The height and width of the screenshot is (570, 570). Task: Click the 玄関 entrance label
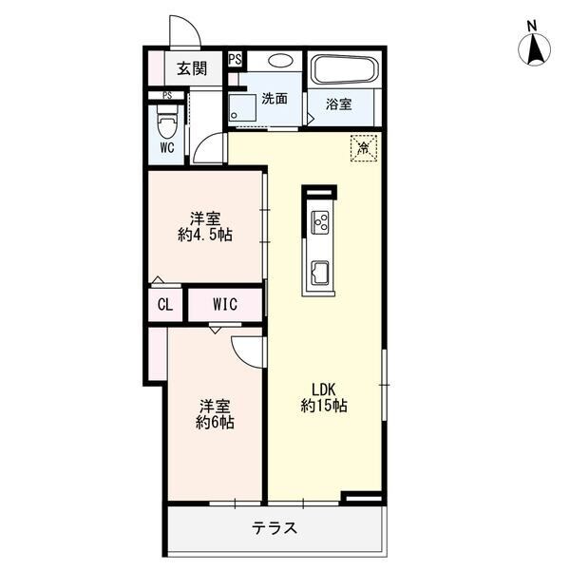click(x=192, y=68)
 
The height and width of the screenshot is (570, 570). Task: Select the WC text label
click(x=167, y=147)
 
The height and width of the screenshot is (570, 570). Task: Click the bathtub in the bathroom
click(x=345, y=69)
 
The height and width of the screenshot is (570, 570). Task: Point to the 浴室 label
click(x=339, y=104)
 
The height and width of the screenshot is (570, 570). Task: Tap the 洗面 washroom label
click(x=275, y=99)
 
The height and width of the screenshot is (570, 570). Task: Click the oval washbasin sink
click(x=280, y=61)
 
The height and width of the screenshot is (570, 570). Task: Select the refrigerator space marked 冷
click(x=364, y=148)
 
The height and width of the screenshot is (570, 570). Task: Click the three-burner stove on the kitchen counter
click(x=320, y=222)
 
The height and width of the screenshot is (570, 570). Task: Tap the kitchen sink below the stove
click(x=320, y=273)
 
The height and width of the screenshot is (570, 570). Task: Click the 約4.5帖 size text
click(x=205, y=235)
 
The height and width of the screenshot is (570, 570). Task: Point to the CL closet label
click(x=165, y=305)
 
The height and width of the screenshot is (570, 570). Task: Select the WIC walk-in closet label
click(x=225, y=304)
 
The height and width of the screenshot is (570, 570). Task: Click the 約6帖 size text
click(x=215, y=422)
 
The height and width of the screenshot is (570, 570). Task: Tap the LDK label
click(x=324, y=389)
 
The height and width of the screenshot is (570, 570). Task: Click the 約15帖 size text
click(x=324, y=406)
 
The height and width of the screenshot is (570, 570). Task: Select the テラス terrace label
click(x=275, y=528)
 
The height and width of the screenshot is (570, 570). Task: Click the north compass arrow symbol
click(x=534, y=48)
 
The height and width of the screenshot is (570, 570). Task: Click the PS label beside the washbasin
click(x=236, y=59)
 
